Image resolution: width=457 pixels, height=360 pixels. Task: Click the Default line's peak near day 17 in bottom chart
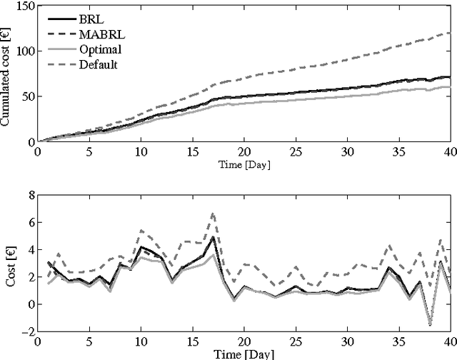coord(212,213)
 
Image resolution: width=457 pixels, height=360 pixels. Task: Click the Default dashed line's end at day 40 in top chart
coord(450,33)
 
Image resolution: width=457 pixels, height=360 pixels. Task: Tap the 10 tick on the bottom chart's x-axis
coord(140,341)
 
